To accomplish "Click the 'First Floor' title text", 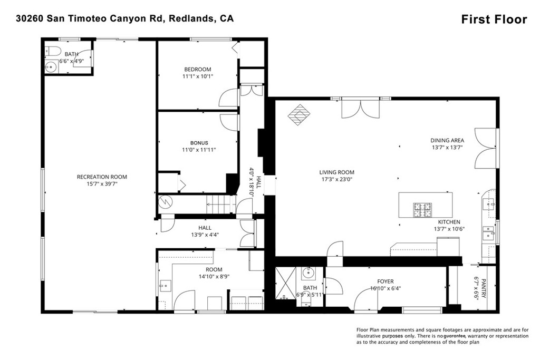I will tap(494, 20).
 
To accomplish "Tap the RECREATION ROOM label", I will tap(102, 177).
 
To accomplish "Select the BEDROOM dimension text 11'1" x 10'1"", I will tap(198, 77).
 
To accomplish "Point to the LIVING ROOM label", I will tap(336, 172).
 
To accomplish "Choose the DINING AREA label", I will tap(447, 141).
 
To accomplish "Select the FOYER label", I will tap(385, 281).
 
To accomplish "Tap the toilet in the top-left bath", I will tap(51, 51).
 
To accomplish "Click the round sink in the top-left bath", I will tap(51, 66).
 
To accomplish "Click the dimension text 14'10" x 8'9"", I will tap(214, 276).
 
